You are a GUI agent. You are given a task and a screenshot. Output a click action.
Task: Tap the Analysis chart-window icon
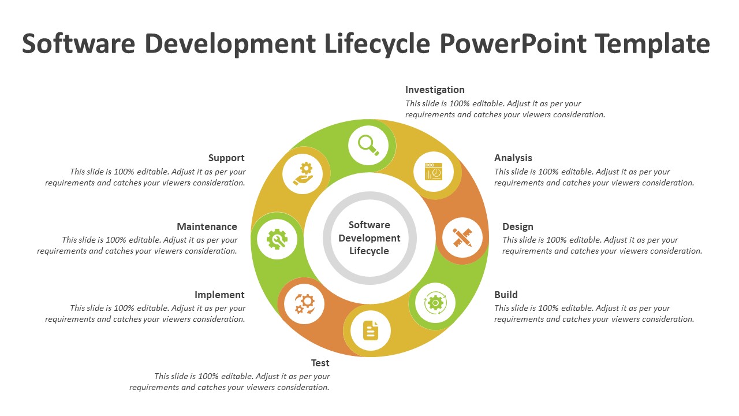click(434, 172)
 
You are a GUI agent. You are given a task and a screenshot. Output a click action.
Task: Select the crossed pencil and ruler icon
click(462, 237)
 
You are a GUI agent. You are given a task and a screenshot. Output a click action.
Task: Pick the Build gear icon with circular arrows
click(435, 302)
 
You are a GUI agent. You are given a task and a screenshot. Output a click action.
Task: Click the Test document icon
click(371, 331)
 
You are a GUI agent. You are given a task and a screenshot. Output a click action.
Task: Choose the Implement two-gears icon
click(304, 303)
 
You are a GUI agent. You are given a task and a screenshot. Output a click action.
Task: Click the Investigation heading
click(435, 90)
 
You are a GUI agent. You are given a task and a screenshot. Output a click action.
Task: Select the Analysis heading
click(513, 158)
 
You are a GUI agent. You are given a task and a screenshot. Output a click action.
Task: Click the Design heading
click(518, 226)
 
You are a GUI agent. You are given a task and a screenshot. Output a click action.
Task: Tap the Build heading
click(506, 295)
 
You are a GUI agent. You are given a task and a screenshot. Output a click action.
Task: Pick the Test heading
click(320, 363)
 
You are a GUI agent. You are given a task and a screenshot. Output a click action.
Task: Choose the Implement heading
click(219, 295)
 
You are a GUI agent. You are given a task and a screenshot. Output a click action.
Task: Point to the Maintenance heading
click(207, 226)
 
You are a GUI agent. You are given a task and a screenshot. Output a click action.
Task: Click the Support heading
click(226, 158)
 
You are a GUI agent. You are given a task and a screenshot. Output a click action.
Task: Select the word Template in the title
click(652, 43)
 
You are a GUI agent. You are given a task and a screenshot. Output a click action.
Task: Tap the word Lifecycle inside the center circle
click(369, 251)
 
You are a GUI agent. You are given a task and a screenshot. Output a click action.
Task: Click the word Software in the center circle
click(369, 225)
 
